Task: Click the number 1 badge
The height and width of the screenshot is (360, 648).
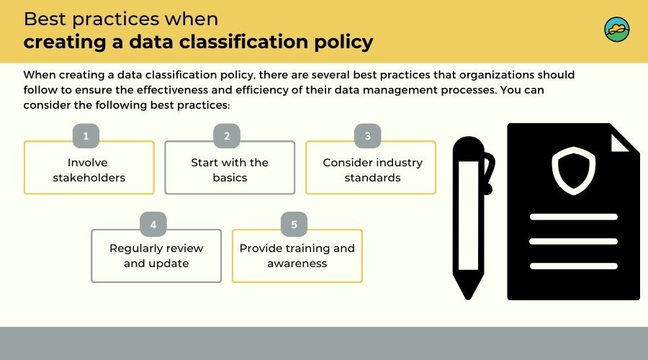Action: (86, 135)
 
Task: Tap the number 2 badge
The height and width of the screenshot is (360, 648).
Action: (227, 135)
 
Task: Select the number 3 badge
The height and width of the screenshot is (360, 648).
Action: (368, 135)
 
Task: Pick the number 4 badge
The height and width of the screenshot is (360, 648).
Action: (153, 224)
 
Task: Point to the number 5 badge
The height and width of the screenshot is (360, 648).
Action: (294, 224)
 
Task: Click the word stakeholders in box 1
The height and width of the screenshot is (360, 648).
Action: (89, 178)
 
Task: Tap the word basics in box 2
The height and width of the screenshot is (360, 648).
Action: (230, 178)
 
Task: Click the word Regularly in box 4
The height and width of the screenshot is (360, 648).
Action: (135, 248)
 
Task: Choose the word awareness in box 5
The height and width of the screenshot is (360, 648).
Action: (297, 264)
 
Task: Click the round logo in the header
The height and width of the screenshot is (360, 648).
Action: (616, 30)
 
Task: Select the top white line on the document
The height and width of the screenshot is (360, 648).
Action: (574, 217)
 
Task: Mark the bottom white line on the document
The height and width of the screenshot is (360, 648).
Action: (574, 266)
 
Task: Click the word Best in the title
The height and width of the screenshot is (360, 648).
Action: (45, 19)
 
